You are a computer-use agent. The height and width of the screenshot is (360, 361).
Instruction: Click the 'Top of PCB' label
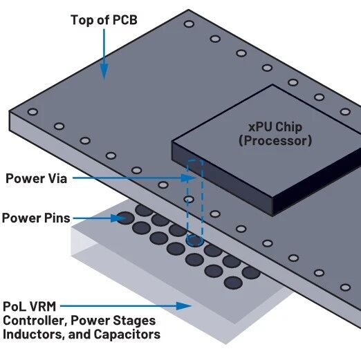click(x=104, y=20)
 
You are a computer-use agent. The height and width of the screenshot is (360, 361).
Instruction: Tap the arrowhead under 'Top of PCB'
click(x=104, y=71)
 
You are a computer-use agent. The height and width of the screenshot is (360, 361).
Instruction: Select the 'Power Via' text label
click(x=37, y=178)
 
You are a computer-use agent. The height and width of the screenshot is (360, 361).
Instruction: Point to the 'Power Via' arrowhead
click(x=188, y=178)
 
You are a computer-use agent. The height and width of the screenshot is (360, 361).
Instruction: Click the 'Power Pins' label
click(x=36, y=218)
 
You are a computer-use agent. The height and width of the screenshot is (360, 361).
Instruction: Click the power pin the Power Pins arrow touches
click(x=125, y=218)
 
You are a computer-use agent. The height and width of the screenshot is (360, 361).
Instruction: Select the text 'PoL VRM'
click(x=30, y=307)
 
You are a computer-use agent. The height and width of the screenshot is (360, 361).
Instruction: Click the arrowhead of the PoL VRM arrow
click(x=184, y=306)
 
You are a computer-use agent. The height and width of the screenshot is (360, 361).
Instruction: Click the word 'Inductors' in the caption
click(x=33, y=334)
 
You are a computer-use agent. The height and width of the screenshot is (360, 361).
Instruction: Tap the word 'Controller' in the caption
click(x=35, y=321)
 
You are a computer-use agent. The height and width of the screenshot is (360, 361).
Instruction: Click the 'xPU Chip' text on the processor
click(x=275, y=127)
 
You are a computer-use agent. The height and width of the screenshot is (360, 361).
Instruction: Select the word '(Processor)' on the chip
click(x=275, y=140)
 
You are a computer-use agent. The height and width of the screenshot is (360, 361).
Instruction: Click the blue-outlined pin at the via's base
click(x=195, y=240)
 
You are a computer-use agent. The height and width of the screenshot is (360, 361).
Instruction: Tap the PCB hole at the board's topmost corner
click(x=189, y=24)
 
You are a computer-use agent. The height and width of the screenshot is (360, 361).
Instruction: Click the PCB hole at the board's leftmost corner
click(x=33, y=112)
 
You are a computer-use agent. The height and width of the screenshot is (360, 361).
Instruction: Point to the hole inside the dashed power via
click(x=189, y=199)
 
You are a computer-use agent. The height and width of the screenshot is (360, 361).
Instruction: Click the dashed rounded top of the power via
click(x=195, y=161)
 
